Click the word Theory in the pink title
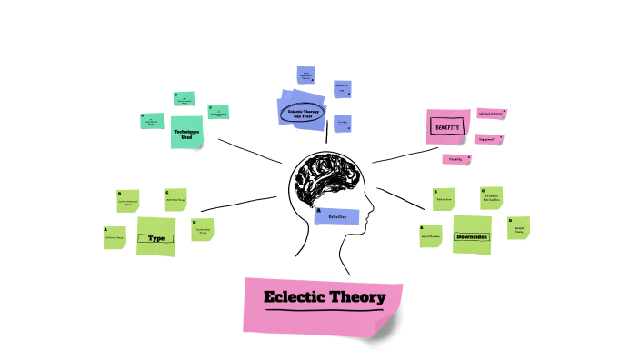[x=357, y=297]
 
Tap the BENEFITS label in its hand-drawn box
[x=446, y=127]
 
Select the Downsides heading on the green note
[x=472, y=236]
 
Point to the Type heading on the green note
[x=155, y=238]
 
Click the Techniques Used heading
[x=186, y=134]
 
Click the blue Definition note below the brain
[x=337, y=216]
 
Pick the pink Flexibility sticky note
[x=455, y=159]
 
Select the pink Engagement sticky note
[x=488, y=140]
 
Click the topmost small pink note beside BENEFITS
[x=491, y=114]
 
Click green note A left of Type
[x=115, y=237]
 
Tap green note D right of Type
[x=202, y=229]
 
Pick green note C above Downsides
[x=491, y=197]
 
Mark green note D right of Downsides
[x=518, y=228]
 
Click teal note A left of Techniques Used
[x=152, y=120]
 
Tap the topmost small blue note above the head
[x=306, y=75]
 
